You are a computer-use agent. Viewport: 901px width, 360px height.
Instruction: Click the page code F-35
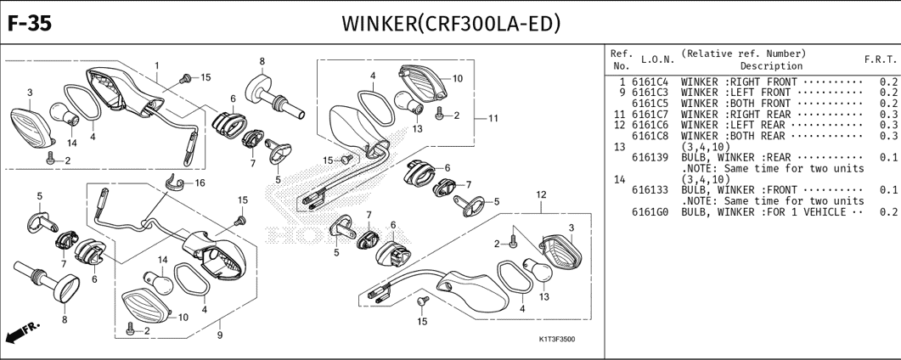[30, 22]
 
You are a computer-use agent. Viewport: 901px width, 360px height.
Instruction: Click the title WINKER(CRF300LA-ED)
[450, 22]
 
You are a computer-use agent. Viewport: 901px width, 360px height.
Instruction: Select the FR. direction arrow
[24, 332]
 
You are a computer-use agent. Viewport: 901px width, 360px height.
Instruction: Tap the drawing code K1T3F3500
[556, 340]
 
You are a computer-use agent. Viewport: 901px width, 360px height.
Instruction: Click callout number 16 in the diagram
[200, 183]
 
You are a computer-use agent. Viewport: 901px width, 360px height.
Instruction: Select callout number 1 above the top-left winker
[157, 65]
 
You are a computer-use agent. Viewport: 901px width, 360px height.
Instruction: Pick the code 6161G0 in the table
[650, 211]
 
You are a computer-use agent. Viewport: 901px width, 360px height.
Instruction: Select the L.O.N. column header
[657, 59]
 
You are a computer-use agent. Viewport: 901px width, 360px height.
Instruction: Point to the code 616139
[650, 157]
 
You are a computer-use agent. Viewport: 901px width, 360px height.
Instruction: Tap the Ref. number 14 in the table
[619, 179]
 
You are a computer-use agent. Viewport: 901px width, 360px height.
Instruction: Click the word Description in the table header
[770, 65]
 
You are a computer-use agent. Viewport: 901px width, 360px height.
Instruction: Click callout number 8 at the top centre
[262, 61]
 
